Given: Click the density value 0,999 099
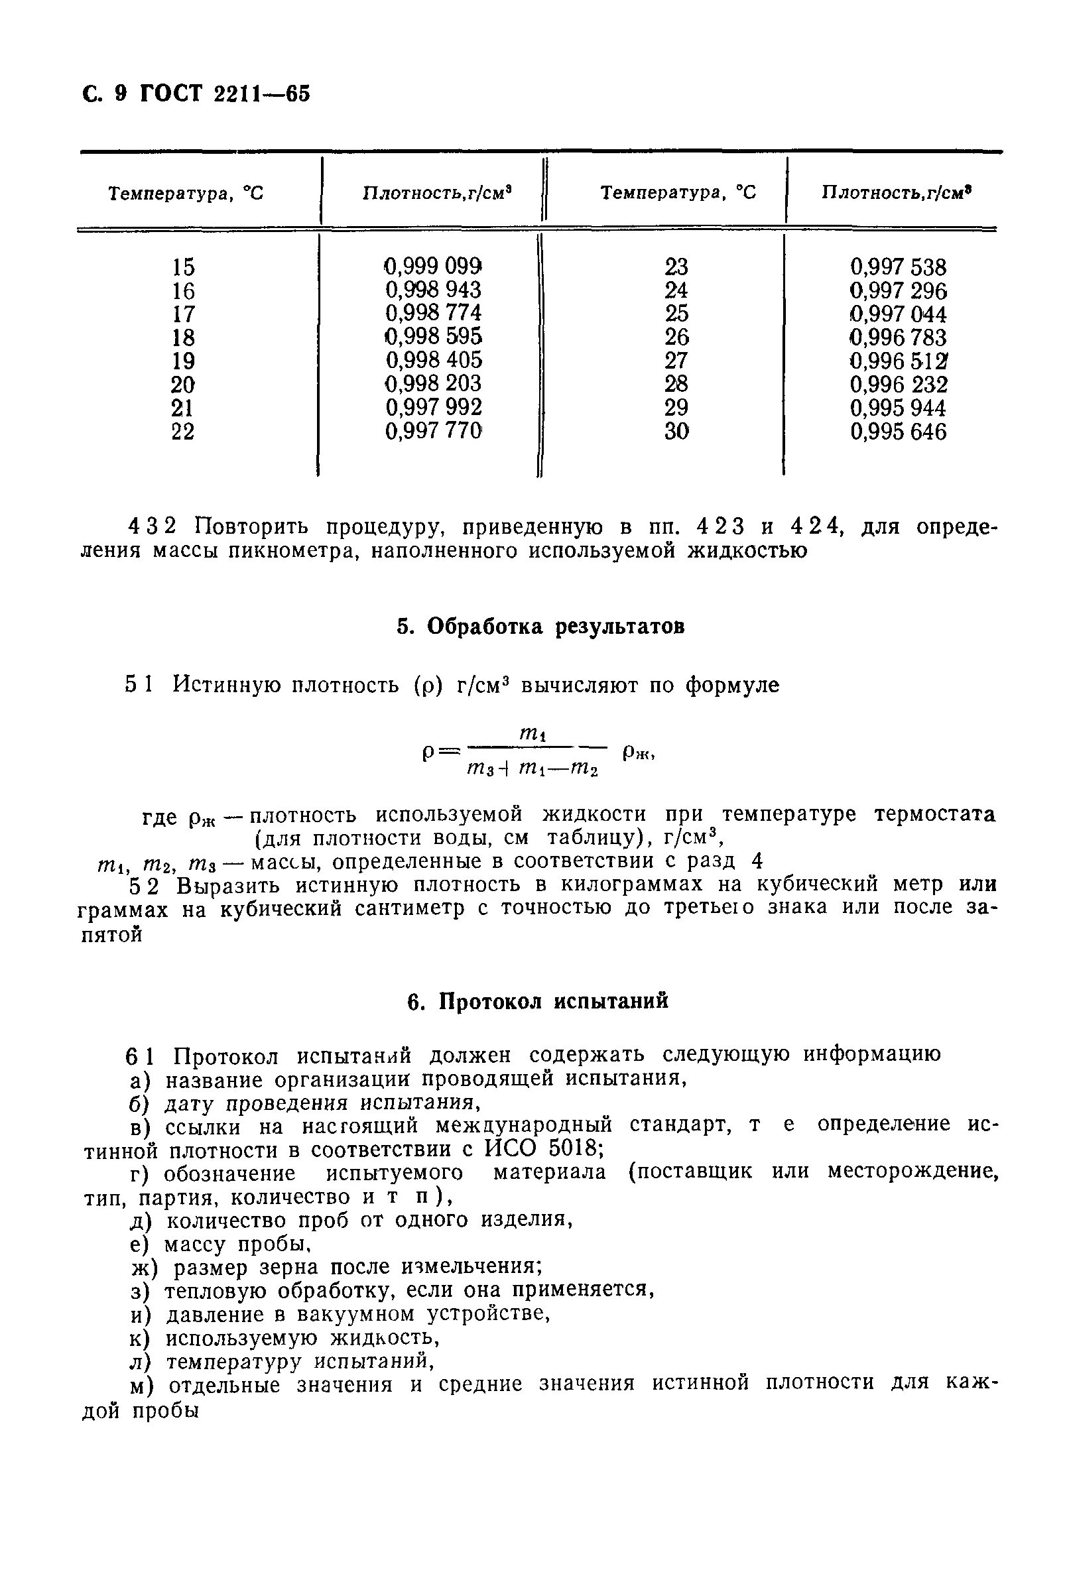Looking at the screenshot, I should [x=433, y=265].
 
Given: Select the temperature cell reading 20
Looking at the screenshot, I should [x=183, y=385].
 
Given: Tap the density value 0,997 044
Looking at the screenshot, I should [x=897, y=314].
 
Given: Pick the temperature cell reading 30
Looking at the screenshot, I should [x=676, y=432].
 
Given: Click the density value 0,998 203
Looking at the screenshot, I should [x=433, y=384].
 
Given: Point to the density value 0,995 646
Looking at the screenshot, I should [x=897, y=432].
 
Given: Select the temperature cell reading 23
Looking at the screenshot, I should [x=676, y=266].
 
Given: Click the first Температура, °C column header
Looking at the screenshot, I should [x=186, y=194].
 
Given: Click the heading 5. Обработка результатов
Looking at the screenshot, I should [x=540, y=627].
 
